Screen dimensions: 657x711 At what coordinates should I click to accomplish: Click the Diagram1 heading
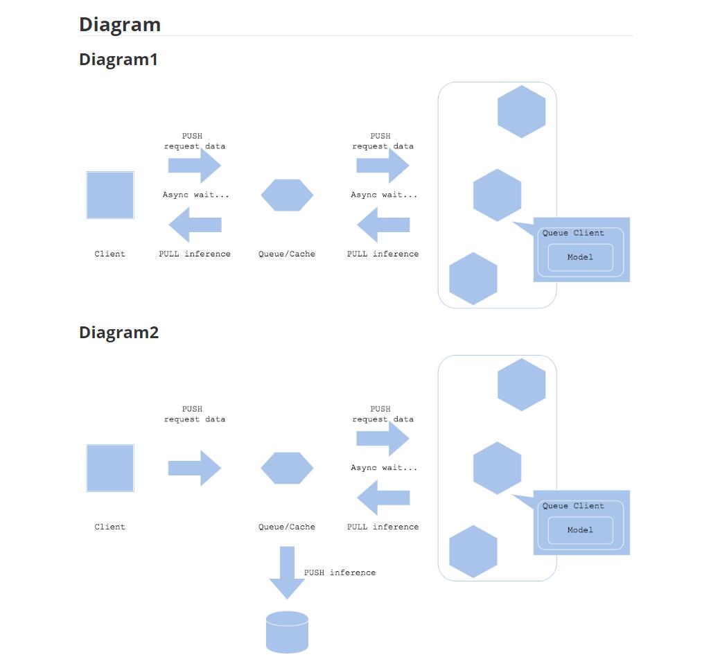(x=119, y=60)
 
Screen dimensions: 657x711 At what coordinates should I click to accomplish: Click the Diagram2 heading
(x=119, y=333)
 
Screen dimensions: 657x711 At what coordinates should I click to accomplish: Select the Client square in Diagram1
(x=110, y=195)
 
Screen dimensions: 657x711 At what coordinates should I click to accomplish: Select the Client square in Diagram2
(x=110, y=468)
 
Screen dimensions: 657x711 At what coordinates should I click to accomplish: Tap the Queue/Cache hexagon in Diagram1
(x=287, y=195)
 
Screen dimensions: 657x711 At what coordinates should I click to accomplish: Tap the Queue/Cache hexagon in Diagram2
(x=287, y=468)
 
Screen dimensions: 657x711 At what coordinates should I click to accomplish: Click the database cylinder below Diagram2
(x=287, y=632)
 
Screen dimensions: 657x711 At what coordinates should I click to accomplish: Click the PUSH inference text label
(x=340, y=572)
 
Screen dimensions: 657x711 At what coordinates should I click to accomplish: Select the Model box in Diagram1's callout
(x=580, y=257)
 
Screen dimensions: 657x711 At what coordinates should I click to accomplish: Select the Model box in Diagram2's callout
(x=580, y=530)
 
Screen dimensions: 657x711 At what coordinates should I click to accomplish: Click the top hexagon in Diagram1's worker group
(x=522, y=112)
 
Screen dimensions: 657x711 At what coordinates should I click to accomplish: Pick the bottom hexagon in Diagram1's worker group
(x=473, y=279)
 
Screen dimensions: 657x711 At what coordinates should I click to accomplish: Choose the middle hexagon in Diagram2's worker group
(x=498, y=468)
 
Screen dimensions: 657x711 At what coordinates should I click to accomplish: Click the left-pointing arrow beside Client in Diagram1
(x=195, y=225)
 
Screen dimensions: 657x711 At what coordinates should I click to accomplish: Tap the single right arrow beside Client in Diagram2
(x=195, y=468)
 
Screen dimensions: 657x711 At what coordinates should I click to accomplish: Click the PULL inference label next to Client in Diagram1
(x=195, y=254)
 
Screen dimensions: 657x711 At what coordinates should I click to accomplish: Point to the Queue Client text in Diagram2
(x=573, y=506)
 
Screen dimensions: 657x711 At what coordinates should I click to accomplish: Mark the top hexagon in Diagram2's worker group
(x=522, y=385)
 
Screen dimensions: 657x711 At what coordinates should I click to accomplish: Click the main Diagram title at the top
(x=120, y=24)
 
